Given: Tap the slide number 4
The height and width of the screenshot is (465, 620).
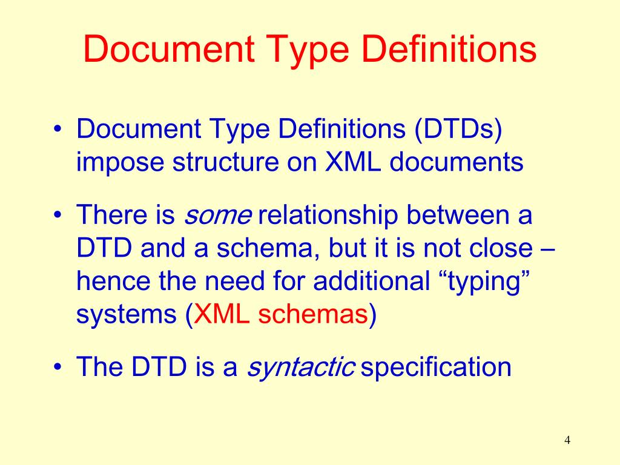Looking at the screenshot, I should point(567,440).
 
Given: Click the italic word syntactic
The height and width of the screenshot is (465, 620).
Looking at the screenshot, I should point(301,368).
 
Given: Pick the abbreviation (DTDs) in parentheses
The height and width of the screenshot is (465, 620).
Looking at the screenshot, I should point(458,130).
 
